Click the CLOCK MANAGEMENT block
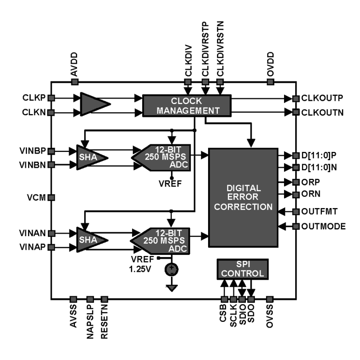(187, 106)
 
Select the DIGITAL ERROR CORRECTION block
(243, 197)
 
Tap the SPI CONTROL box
(242, 269)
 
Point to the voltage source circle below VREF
(171, 269)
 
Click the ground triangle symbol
(172, 288)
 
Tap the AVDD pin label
(74, 64)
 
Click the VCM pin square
(51, 197)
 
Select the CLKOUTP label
(322, 98)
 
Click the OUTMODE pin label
(323, 226)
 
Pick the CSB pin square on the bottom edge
(224, 300)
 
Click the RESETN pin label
(104, 322)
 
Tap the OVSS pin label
(270, 316)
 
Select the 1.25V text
(140, 269)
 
